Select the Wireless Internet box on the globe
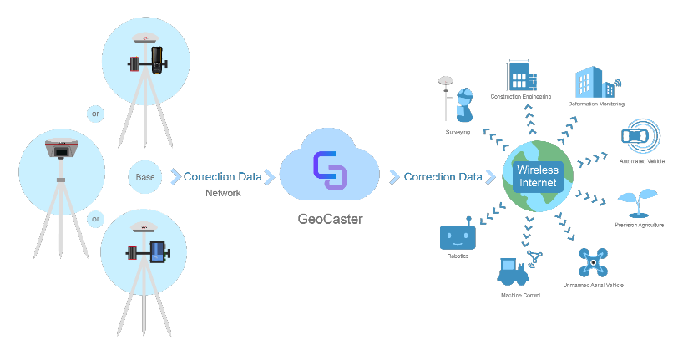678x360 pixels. (x=538, y=175)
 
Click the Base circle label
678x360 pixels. (x=145, y=177)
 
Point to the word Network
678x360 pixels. (x=223, y=193)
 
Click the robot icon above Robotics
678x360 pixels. (x=458, y=236)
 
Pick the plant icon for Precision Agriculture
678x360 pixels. (x=632, y=205)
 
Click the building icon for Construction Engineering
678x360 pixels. (x=521, y=77)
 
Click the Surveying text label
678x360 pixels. (x=458, y=132)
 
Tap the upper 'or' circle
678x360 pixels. (x=96, y=114)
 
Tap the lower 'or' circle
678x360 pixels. (x=96, y=220)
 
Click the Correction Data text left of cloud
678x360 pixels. (x=223, y=177)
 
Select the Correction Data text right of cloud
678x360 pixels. (x=443, y=177)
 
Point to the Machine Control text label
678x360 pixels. (x=521, y=296)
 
